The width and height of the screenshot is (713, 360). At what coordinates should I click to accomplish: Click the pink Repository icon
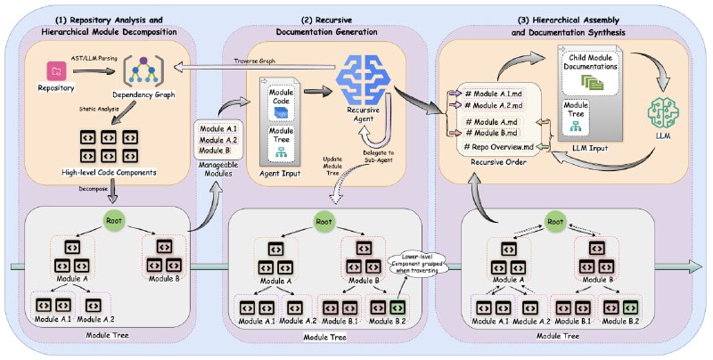pos(57,69)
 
